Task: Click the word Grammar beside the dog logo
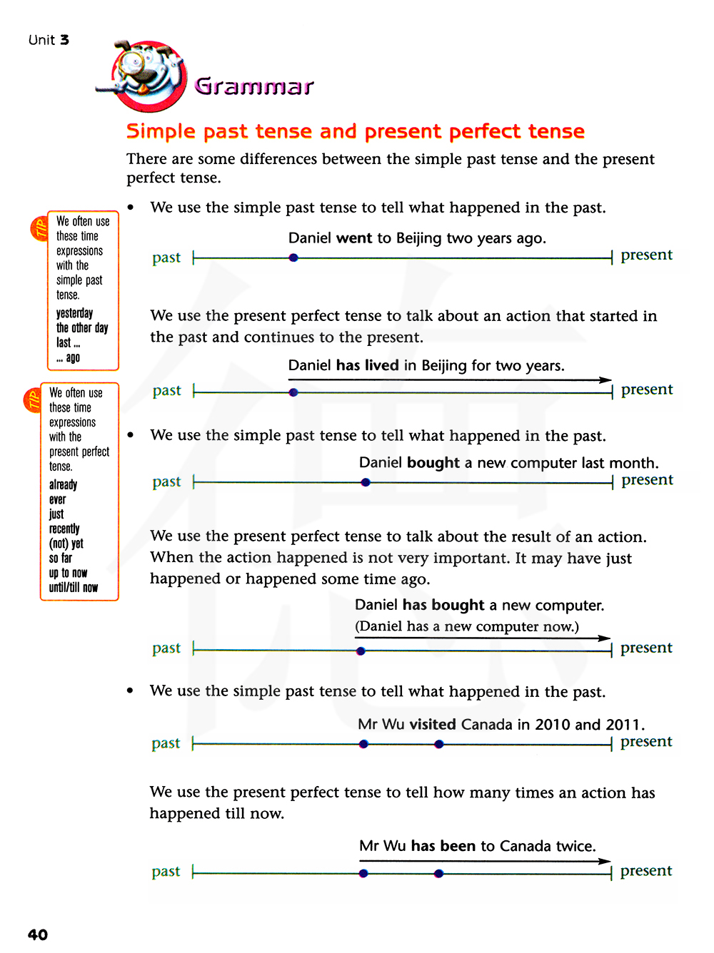coord(254,86)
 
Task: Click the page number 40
coord(38,934)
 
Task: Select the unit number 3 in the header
coord(65,40)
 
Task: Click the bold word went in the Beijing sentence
coord(354,238)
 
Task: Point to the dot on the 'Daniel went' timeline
coord(293,258)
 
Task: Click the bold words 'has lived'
coord(367,366)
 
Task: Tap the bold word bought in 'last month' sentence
coord(433,463)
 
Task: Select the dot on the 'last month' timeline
coord(366,482)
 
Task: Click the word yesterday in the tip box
coord(74,313)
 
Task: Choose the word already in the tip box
coord(63,485)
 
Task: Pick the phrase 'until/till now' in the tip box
coord(74,588)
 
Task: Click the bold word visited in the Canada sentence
coord(433,725)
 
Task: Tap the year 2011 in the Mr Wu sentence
coord(623,725)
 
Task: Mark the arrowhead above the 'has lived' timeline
coord(605,379)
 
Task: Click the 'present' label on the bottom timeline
coord(646,871)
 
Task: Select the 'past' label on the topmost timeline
coord(166,258)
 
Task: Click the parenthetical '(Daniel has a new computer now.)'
coord(467,626)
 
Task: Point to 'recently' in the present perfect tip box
coord(64,529)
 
